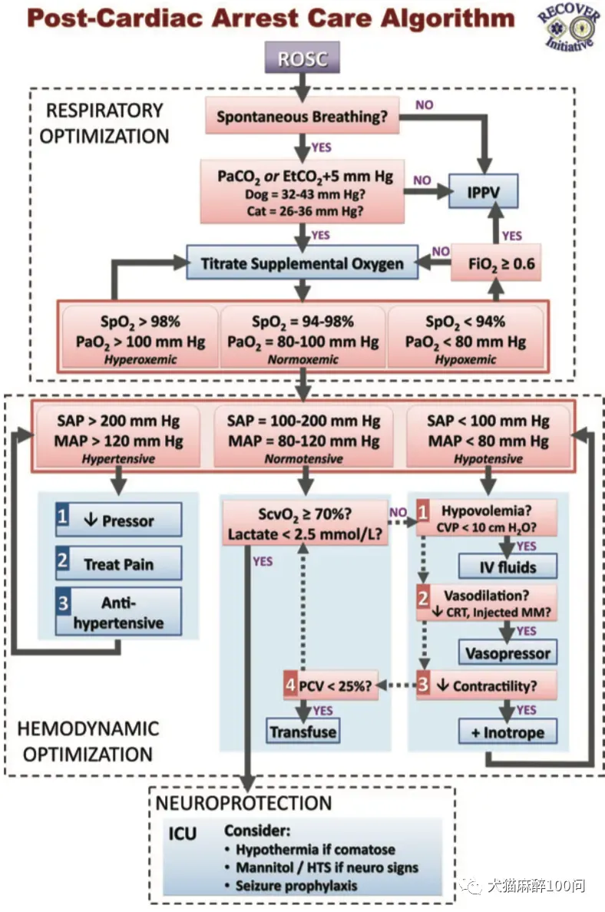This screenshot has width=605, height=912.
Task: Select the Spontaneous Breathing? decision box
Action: (302, 117)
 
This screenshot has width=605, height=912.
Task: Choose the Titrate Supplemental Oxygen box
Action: (302, 263)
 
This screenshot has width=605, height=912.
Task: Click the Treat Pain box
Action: (118, 563)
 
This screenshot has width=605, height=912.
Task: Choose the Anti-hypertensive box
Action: (118, 612)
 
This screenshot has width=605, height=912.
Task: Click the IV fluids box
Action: (507, 567)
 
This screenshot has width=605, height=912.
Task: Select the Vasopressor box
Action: (507, 653)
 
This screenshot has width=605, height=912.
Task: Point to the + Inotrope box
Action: (507, 732)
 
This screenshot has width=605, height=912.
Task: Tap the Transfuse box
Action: (302, 732)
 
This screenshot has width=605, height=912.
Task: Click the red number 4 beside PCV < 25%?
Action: (290, 685)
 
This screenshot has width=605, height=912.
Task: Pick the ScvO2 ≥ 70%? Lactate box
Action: (306, 524)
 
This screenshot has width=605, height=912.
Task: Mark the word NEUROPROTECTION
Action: (243, 803)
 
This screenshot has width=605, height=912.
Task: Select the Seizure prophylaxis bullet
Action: (296, 885)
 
